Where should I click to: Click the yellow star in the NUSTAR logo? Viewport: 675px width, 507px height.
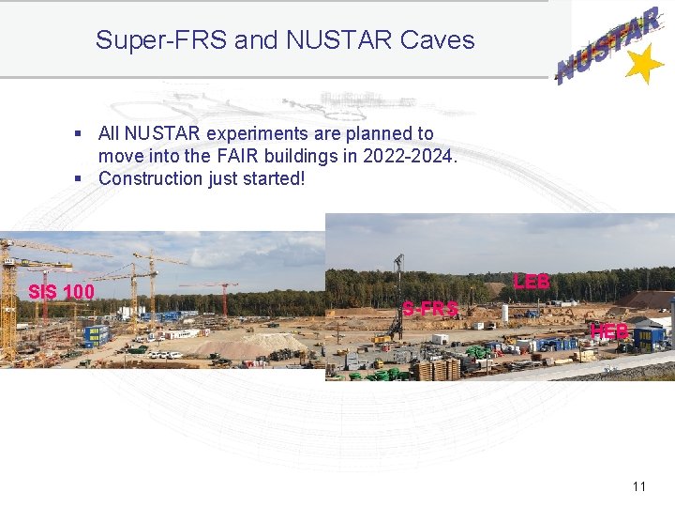click(x=644, y=66)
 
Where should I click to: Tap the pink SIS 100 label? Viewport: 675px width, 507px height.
click(x=61, y=292)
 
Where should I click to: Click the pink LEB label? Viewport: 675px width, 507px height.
click(x=532, y=282)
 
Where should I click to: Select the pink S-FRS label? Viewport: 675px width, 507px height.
click(x=430, y=308)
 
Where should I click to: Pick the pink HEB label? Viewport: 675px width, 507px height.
click(x=609, y=330)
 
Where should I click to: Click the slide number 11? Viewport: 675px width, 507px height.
click(x=639, y=486)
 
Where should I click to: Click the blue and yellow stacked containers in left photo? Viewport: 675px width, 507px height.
click(x=96, y=334)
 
